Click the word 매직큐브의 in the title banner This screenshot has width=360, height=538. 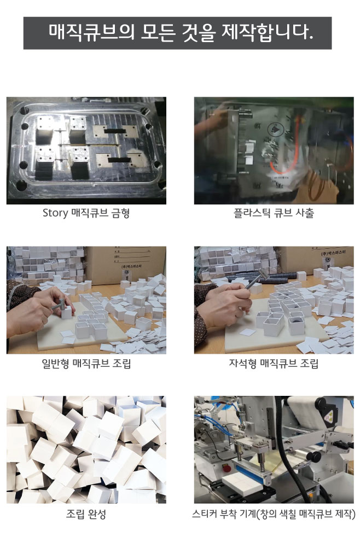(92, 32)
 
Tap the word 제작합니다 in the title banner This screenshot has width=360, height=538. (268, 32)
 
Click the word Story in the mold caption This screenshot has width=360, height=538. (55, 213)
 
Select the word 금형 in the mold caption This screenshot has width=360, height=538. (121, 213)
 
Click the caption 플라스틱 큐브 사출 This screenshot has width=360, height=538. (274, 213)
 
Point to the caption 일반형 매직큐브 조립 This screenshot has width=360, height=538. (86, 364)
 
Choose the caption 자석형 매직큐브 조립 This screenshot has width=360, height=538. (274, 364)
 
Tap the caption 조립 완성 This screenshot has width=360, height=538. (86, 514)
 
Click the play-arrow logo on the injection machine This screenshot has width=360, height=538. (274, 130)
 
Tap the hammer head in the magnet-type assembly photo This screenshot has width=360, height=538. (264, 274)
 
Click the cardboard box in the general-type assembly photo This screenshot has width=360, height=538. (126, 264)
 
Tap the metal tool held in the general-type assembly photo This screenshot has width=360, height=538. (59, 305)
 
